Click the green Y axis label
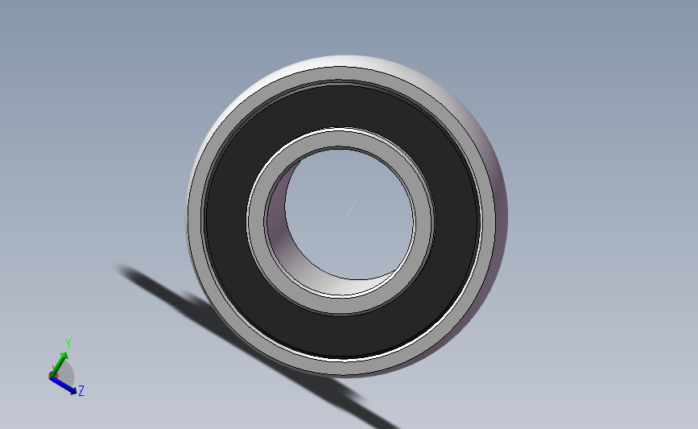[x=68, y=344]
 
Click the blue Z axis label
[x=81, y=390]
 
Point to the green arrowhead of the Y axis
[x=64, y=356]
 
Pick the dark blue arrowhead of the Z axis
[x=72, y=390]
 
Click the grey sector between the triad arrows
[x=66, y=373]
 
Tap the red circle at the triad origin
[x=53, y=376]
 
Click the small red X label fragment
[x=53, y=369]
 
